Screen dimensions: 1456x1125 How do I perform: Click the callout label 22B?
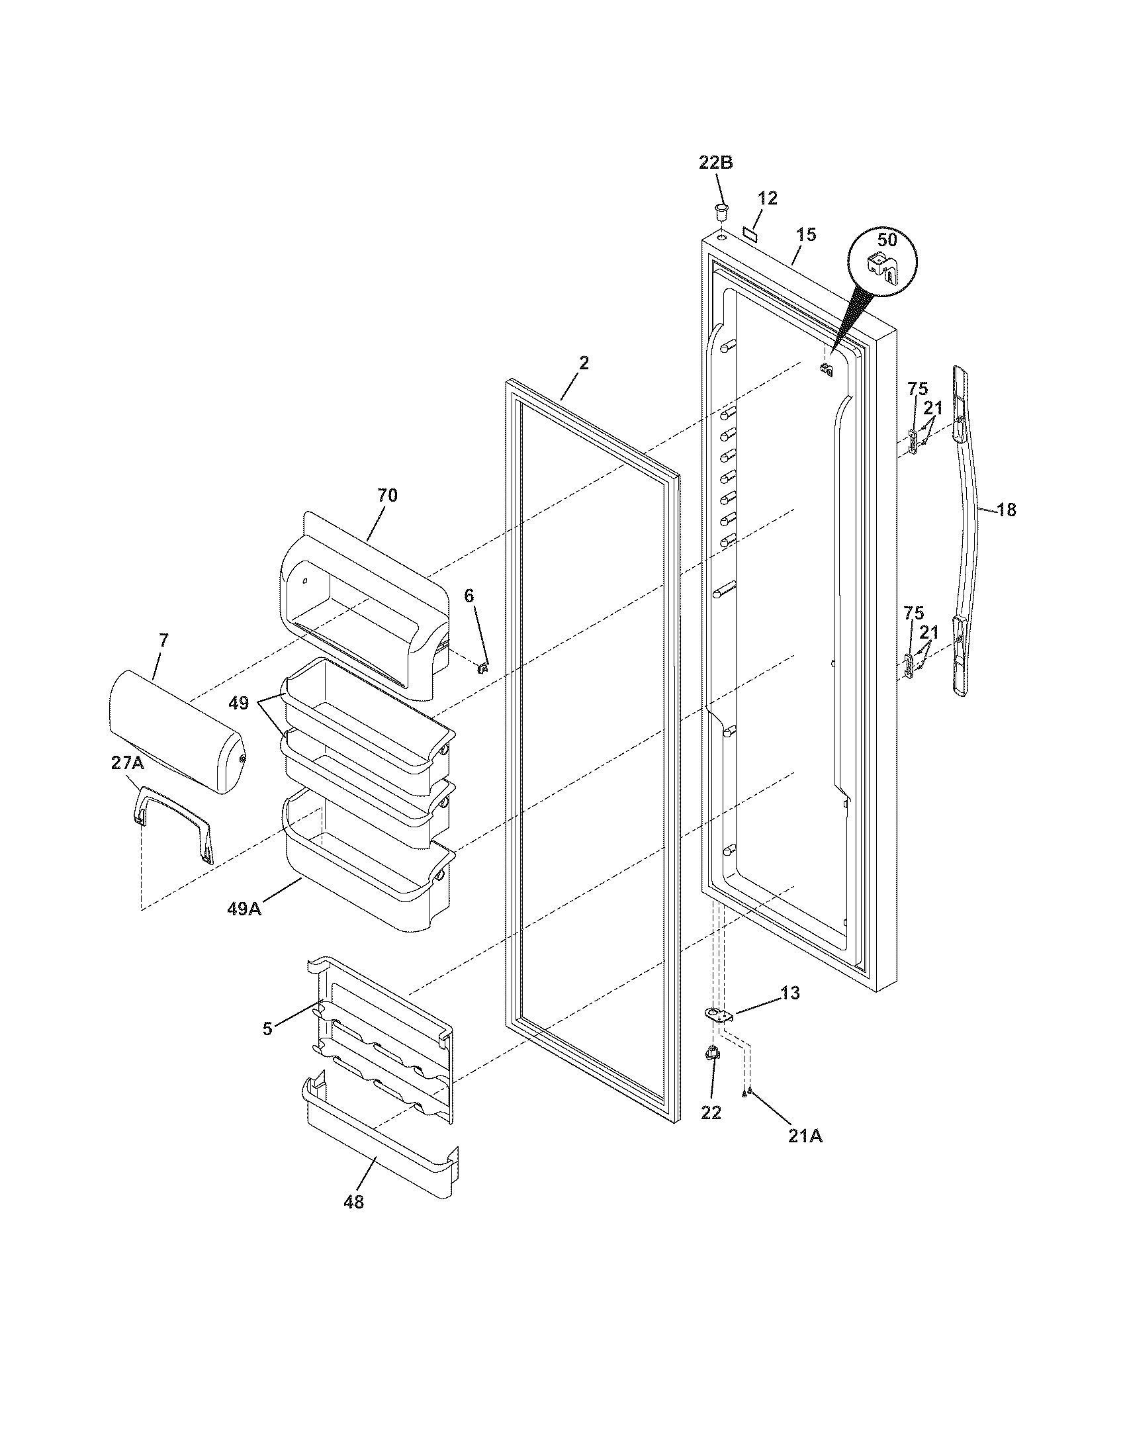tap(715, 162)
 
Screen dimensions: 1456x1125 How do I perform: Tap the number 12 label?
tap(768, 198)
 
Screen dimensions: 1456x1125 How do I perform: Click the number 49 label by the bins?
tap(240, 704)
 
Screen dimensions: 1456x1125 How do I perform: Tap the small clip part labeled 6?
tap(484, 666)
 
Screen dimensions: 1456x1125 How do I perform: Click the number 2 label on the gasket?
tap(584, 363)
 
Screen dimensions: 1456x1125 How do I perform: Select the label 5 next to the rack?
tap(267, 1028)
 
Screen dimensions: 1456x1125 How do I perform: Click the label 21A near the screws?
tap(805, 1136)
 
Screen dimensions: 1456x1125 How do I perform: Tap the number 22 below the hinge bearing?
tap(711, 1113)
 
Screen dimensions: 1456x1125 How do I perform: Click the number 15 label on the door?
tap(806, 235)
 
